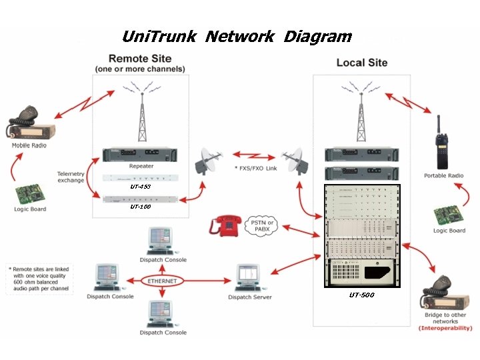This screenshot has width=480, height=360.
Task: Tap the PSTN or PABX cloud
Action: pos(261,225)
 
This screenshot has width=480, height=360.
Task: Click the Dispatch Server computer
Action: pos(248,277)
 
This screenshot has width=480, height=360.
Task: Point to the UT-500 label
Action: pos(362,295)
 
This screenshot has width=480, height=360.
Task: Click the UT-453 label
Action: pos(140,187)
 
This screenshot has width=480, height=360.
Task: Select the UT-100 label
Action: pos(140,207)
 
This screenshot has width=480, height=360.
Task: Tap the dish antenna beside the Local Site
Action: pos(295,161)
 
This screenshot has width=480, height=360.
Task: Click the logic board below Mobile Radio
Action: pos(30,194)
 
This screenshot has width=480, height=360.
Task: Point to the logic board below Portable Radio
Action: pos(449,215)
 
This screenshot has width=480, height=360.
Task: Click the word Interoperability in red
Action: pos(445,328)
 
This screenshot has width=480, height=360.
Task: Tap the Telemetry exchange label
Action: pos(71,177)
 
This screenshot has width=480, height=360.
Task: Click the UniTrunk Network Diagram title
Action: pos(237,36)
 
